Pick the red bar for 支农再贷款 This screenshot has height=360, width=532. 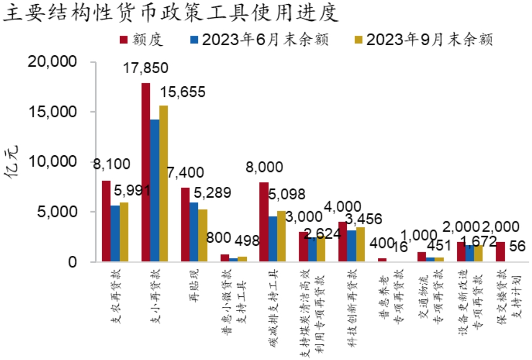click(106, 221)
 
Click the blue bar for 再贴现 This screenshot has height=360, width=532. click(194, 232)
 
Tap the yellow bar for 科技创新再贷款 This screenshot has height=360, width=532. click(360, 244)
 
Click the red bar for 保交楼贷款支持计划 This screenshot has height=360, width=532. click(500, 252)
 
